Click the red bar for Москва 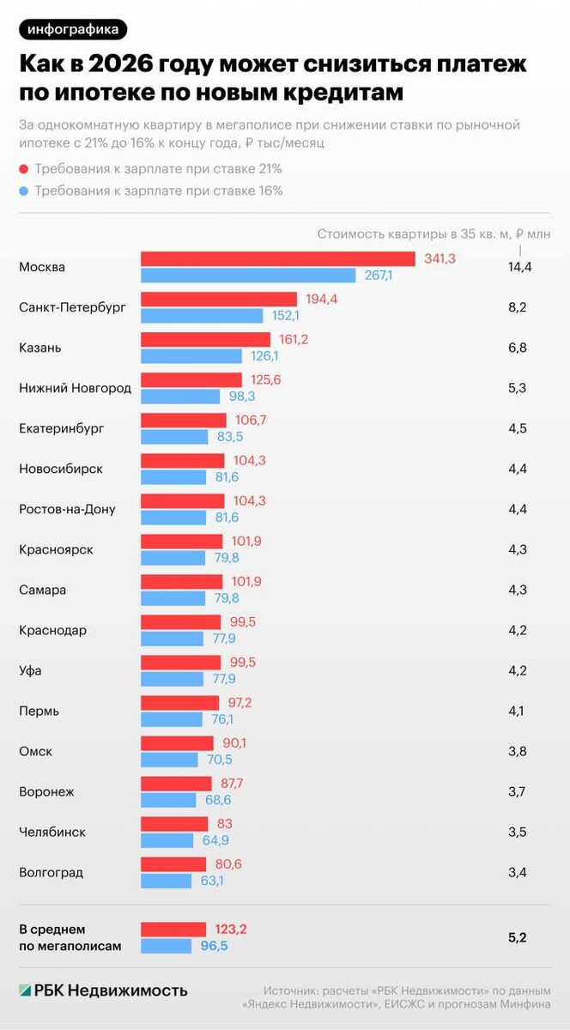[x=278, y=259]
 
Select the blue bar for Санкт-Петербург [x=202, y=316]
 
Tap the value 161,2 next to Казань [x=294, y=340]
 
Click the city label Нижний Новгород [x=76, y=388]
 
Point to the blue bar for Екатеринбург [x=174, y=437]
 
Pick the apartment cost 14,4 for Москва [x=520, y=267]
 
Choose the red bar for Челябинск [x=174, y=824]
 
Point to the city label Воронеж [x=48, y=791]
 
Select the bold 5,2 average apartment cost [x=518, y=937]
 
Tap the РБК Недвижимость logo [x=103, y=990]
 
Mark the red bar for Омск [x=177, y=743]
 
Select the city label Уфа [x=30, y=670]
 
